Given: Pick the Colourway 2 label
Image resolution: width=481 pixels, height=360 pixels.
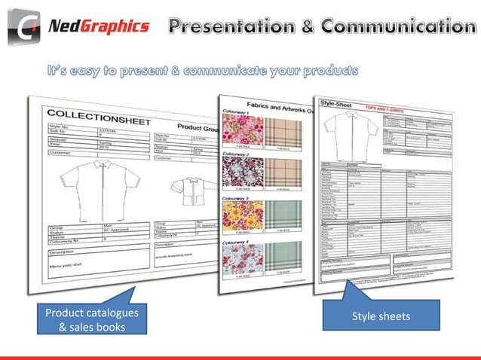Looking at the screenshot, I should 236,154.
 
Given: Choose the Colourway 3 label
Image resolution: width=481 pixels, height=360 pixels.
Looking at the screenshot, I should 236,198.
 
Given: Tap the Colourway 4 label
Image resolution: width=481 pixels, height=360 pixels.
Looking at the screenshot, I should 236,243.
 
